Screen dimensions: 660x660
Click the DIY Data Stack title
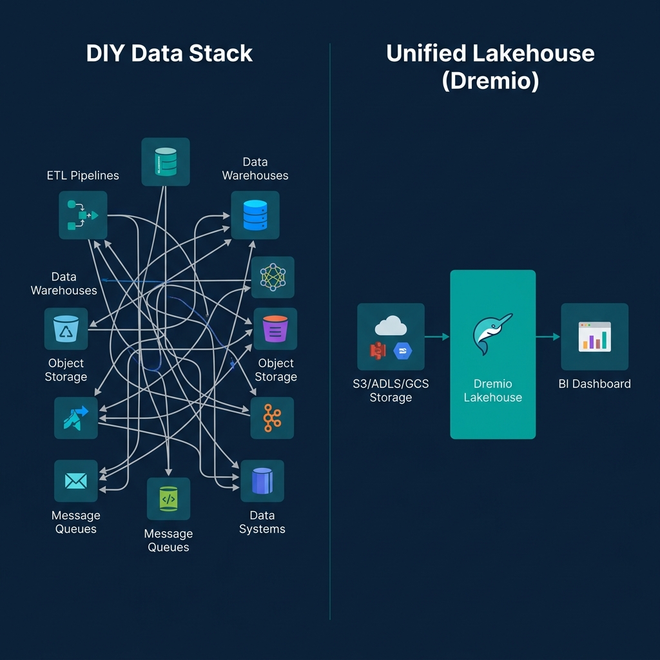pos(170,53)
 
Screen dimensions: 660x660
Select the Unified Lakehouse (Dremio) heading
pos(490,67)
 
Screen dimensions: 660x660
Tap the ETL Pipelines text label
pos(83,175)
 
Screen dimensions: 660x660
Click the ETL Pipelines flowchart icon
pos(82,215)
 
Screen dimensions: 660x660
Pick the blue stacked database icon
pos(255,215)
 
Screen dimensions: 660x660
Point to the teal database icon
pos(166,162)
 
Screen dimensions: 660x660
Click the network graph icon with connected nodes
pos(273,277)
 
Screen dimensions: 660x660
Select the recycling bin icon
pos(66,329)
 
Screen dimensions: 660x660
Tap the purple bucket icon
pos(275,329)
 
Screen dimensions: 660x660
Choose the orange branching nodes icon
pos(272,418)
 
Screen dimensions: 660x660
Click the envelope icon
pos(76,481)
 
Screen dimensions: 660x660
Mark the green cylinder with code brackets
pos(168,498)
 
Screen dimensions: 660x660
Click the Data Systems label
pos(262,522)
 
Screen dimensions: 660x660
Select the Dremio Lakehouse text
pos(492,391)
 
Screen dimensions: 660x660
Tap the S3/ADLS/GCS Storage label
pos(391,391)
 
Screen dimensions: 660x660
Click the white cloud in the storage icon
pos(391,326)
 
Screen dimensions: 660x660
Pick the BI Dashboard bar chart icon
pos(594,336)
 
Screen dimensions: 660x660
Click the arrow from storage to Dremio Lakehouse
pos(437,336)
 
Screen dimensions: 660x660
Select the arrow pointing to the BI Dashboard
pos(548,336)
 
